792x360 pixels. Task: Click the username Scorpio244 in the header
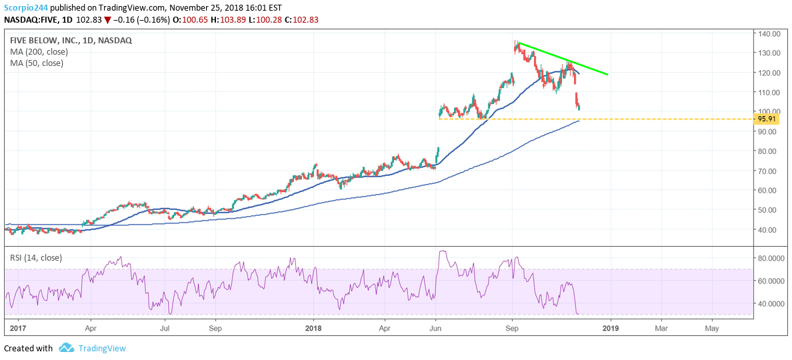(x=29, y=7)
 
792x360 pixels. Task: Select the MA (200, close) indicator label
(x=37, y=51)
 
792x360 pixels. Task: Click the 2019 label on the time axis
(x=610, y=328)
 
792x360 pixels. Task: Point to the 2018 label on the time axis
(x=313, y=328)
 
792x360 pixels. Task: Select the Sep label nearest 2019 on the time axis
(x=513, y=328)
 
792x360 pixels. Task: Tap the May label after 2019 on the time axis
(x=712, y=328)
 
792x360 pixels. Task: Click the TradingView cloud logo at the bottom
(x=66, y=348)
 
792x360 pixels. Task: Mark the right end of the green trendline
(x=607, y=74)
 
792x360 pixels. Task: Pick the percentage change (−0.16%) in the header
(x=151, y=19)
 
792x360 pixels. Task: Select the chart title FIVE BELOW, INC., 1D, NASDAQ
(x=71, y=40)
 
